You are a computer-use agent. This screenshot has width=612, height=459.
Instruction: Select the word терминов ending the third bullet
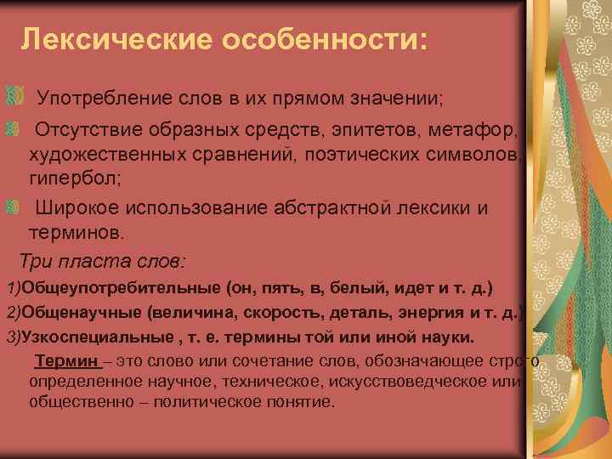coord(75,231)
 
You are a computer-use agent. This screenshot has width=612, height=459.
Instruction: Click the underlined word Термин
coord(65,362)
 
